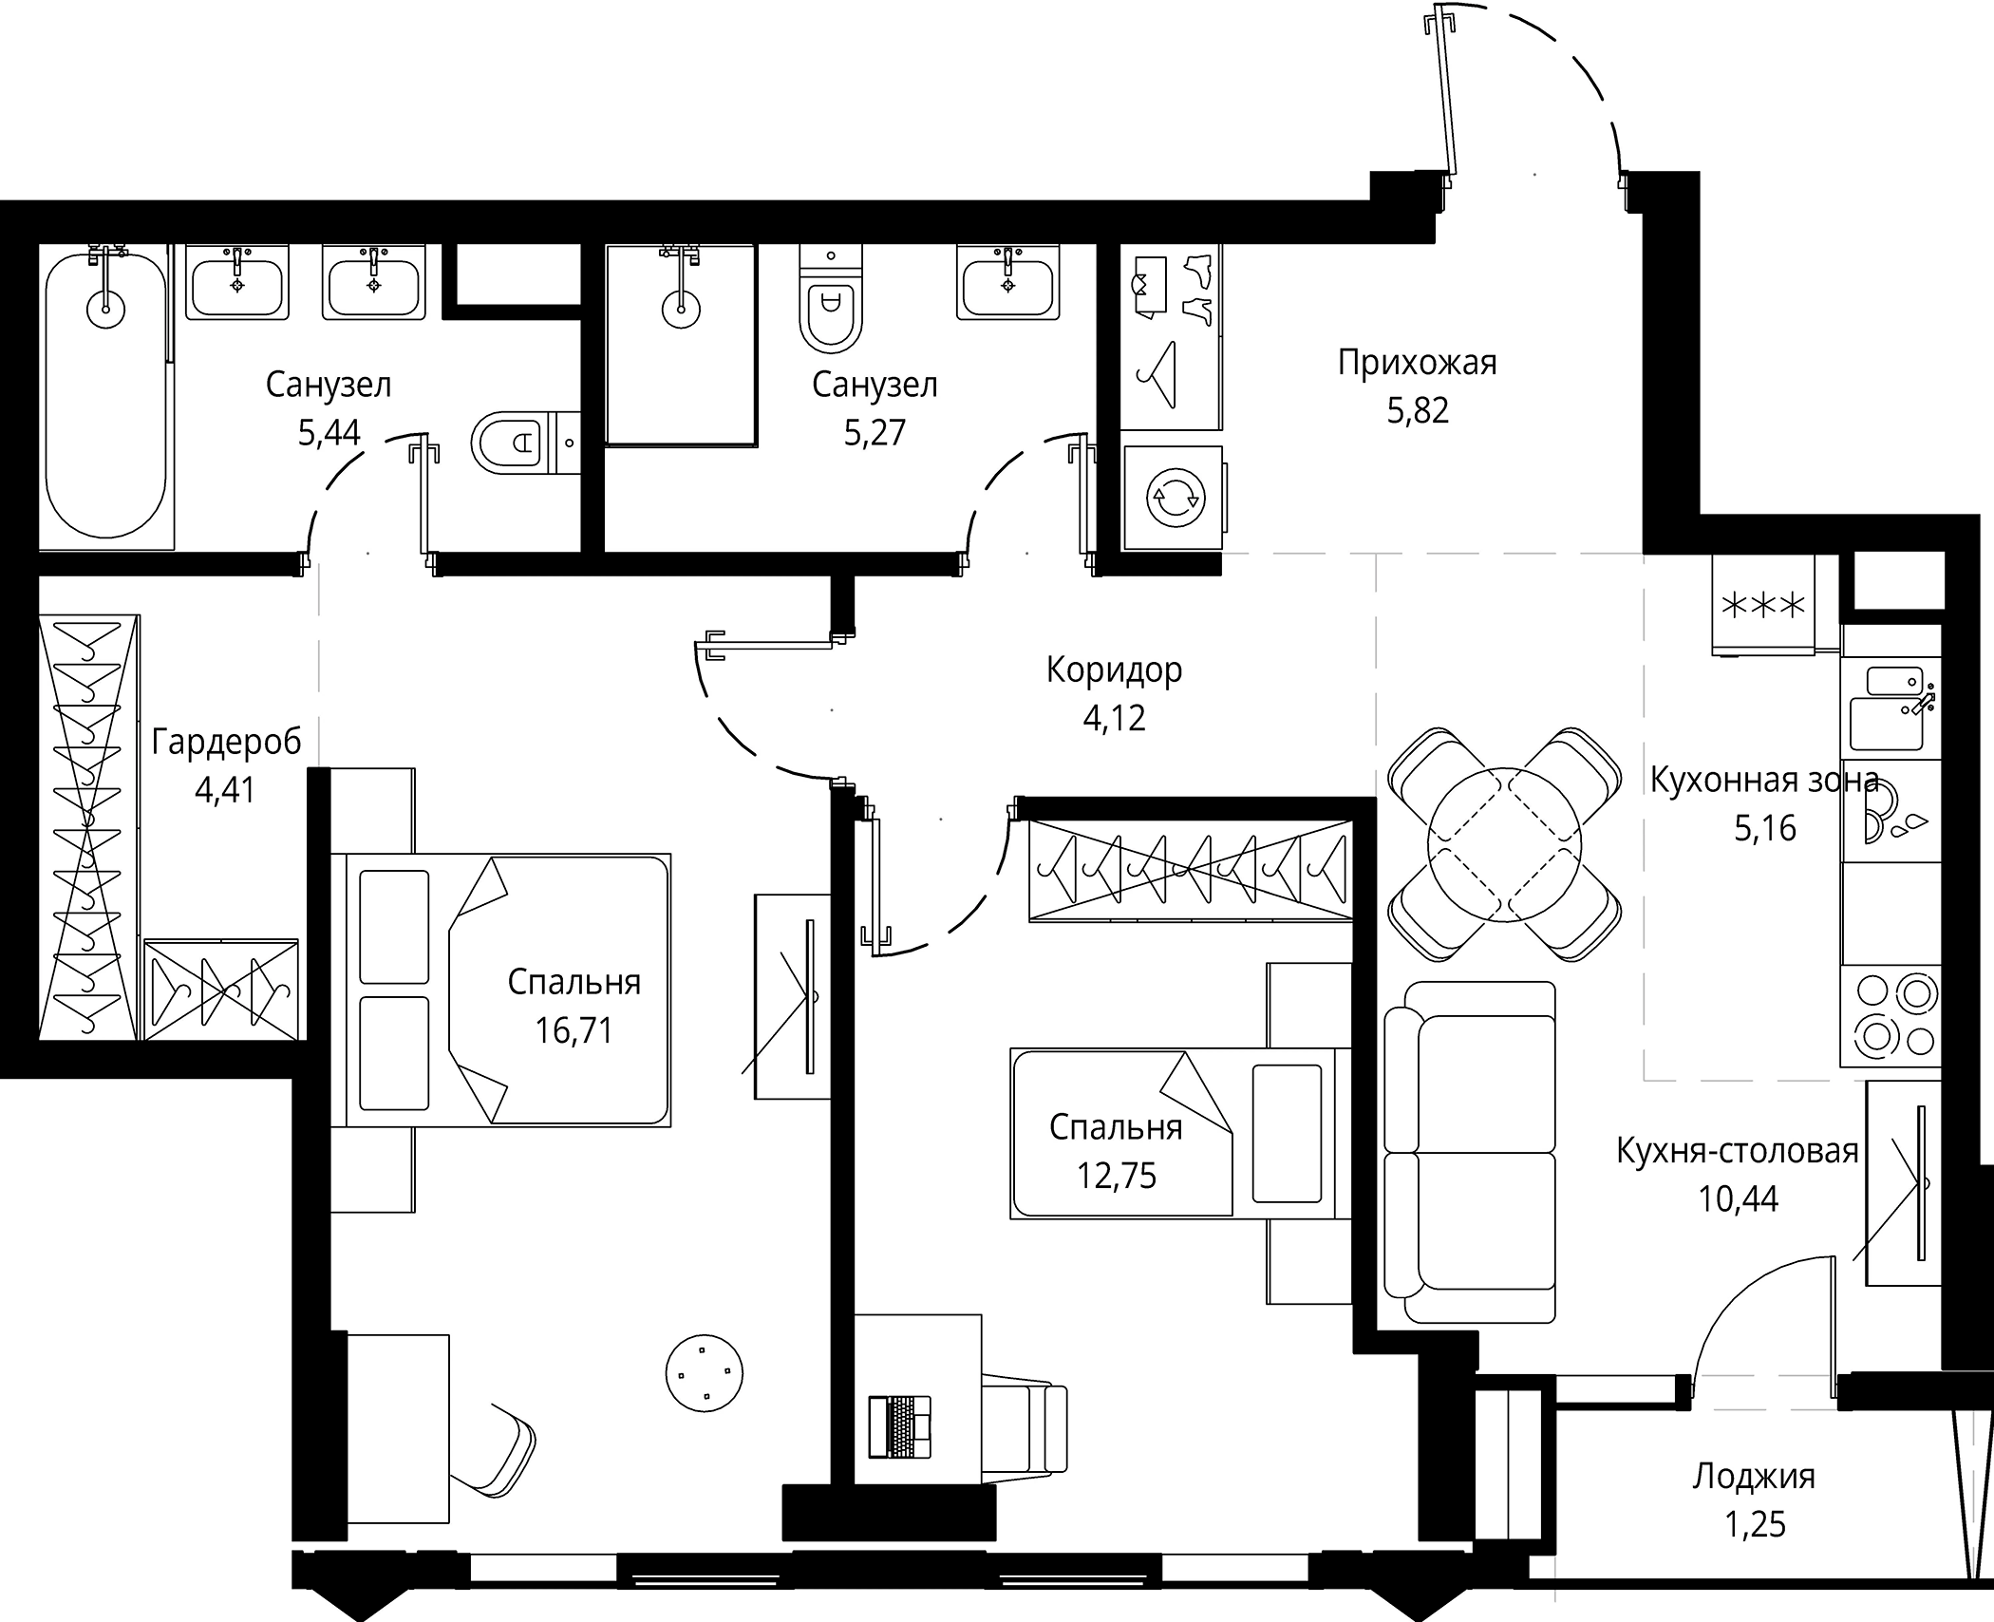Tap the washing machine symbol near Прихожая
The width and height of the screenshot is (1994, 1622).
[x=1175, y=499]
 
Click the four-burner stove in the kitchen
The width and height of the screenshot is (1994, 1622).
[x=1890, y=1016]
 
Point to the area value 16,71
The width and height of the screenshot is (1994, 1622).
[x=574, y=1030]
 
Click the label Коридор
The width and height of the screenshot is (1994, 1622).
[x=1114, y=670]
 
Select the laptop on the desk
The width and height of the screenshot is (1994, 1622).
[x=900, y=1425]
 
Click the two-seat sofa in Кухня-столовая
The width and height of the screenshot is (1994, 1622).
[x=1470, y=1152]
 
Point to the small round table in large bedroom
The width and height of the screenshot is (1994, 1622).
[x=705, y=1372]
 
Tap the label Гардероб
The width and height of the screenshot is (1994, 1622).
[x=226, y=742]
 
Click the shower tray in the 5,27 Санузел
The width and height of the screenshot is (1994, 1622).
[x=680, y=345]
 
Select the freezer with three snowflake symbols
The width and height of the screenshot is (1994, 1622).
[x=1763, y=606]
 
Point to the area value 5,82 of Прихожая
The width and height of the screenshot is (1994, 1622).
[x=1418, y=411]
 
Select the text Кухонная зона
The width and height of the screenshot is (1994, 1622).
[x=1764, y=781]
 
